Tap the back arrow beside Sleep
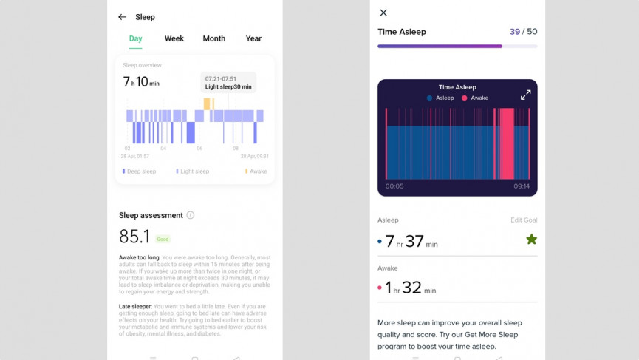[x=122, y=17]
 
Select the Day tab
[x=135, y=38]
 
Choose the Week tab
[x=174, y=38]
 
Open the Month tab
[x=214, y=38]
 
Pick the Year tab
[x=253, y=38]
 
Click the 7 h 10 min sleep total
[x=141, y=82]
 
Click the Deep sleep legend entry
[x=140, y=171]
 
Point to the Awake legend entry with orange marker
[x=256, y=171]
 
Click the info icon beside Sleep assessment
[x=191, y=215]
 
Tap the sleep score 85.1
[x=134, y=237]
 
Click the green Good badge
[x=163, y=240]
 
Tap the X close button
[x=383, y=13]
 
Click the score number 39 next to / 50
[x=515, y=32]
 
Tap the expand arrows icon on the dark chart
[x=525, y=95]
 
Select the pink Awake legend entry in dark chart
[x=475, y=98]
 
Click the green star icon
[x=531, y=239]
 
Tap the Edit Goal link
[x=524, y=220]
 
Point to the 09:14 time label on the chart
[x=522, y=186]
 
